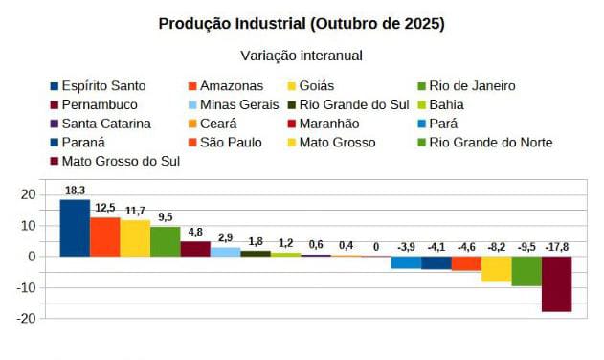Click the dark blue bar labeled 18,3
pyautogui.click(x=75, y=228)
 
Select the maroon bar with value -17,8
pyautogui.click(x=556, y=283)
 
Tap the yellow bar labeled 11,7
pyautogui.click(x=135, y=238)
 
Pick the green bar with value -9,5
pyautogui.click(x=526, y=271)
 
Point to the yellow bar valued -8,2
pyautogui.click(x=496, y=269)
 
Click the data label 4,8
pyautogui.click(x=195, y=232)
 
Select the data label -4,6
pyautogui.click(x=466, y=247)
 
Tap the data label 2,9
pyautogui.click(x=225, y=237)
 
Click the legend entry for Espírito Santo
pyautogui.click(x=102, y=86)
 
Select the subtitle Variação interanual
pyautogui.click(x=302, y=56)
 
